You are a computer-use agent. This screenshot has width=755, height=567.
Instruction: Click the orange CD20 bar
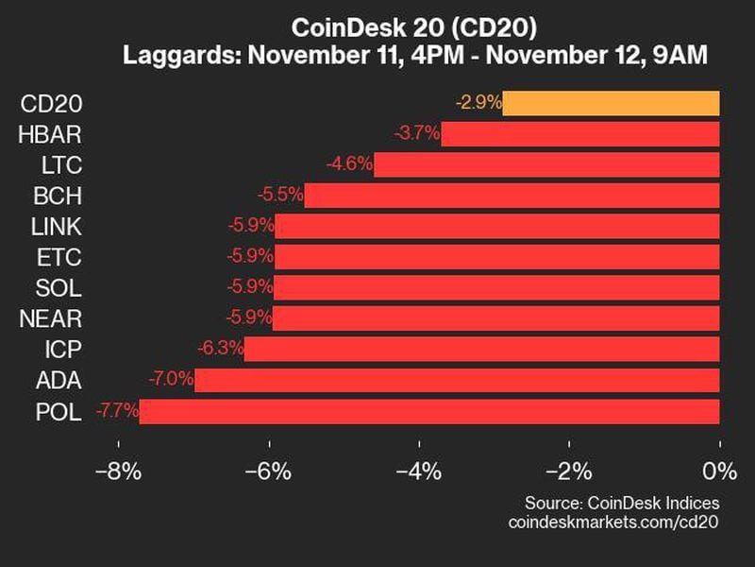pyautogui.click(x=611, y=103)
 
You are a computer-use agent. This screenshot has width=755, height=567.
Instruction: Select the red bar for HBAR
pyautogui.click(x=580, y=134)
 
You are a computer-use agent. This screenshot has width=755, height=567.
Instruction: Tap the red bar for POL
pyautogui.click(x=429, y=411)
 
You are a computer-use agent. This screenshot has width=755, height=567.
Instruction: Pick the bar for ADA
pyautogui.click(x=457, y=381)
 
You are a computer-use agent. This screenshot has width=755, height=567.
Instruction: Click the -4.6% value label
pyautogui.click(x=349, y=165)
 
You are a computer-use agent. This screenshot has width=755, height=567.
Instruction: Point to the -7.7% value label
pyautogui.click(x=116, y=411)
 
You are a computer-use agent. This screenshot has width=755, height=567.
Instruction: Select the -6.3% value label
pyautogui.click(x=220, y=350)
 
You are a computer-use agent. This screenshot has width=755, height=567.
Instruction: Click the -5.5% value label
pyautogui.click(x=280, y=196)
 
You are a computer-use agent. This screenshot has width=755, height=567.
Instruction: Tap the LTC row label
pyautogui.click(x=63, y=165)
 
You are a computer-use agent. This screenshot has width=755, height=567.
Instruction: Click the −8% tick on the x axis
pyautogui.click(x=118, y=471)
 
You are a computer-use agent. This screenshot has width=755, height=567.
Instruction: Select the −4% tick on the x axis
pyautogui.click(x=418, y=471)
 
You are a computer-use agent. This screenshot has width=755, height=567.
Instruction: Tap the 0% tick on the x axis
pyautogui.click(x=719, y=471)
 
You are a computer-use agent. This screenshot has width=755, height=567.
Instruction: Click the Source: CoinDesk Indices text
pyautogui.click(x=622, y=503)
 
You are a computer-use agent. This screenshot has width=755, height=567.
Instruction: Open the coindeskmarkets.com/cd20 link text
pyautogui.click(x=613, y=523)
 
